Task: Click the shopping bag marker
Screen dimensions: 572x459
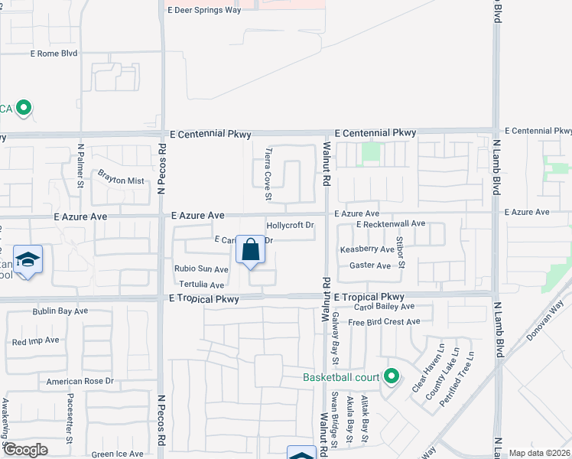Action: point(250,250)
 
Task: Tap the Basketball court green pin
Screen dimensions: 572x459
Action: point(392,376)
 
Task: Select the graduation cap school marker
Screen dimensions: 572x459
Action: point(28,260)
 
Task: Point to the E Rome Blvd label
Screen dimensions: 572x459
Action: point(54,54)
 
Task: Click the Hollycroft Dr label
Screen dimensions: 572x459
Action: point(291,226)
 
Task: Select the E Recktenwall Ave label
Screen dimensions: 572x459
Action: point(390,223)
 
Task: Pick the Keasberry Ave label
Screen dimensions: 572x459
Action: point(367,249)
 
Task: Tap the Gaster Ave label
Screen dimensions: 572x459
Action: point(370,265)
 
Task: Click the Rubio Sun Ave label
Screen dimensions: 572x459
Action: point(201,269)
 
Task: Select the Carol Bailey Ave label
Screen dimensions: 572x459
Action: point(384,306)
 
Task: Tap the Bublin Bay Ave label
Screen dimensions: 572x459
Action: point(60,311)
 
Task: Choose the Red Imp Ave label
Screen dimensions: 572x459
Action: point(35,340)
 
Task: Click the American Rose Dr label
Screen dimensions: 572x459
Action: point(80,381)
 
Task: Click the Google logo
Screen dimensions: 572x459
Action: point(26,449)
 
